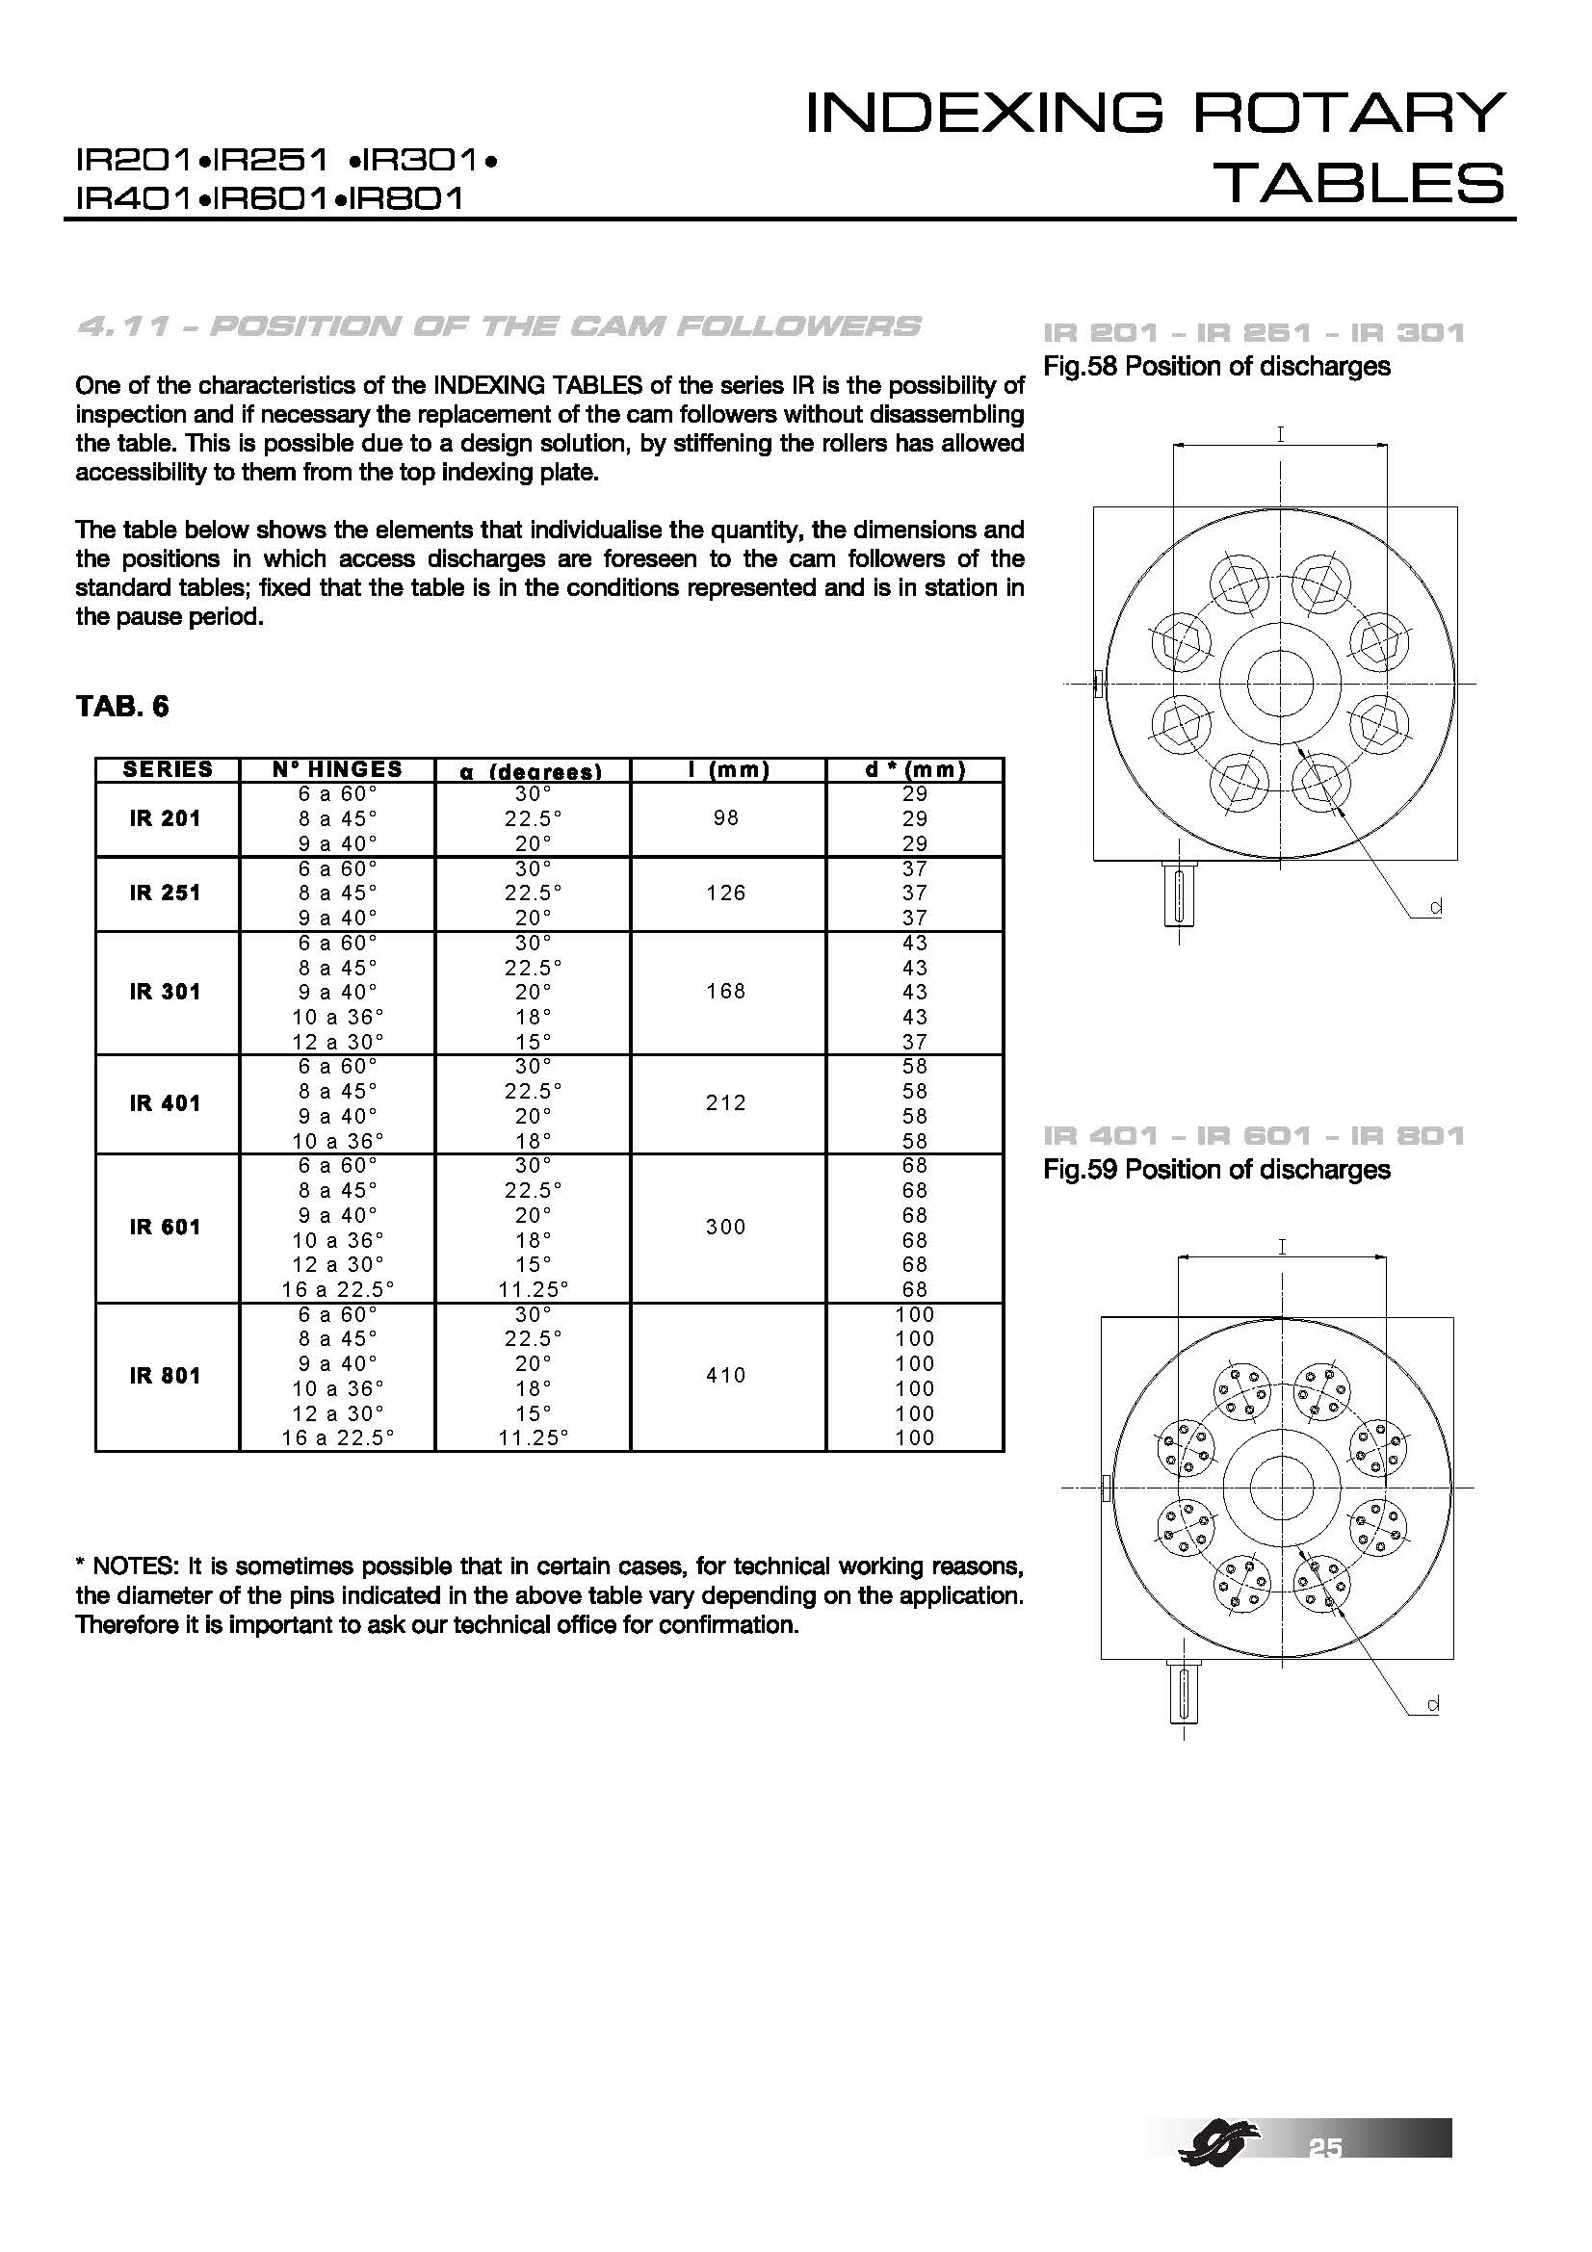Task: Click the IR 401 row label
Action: (165, 1103)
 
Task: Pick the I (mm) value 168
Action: (726, 992)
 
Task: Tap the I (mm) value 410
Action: (726, 1375)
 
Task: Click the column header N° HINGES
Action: (336, 769)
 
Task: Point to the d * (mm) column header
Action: (914, 770)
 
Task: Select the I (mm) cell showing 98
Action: (726, 818)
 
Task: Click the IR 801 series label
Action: (165, 1375)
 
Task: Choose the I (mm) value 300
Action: (726, 1227)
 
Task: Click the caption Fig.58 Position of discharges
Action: (1216, 367)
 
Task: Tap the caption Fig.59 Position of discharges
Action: (1216, 1170)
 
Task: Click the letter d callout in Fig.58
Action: (1435, 908)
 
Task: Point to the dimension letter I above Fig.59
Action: (1281, 1247)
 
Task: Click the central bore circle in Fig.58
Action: (1280, 683)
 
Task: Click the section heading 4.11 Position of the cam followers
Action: (498, 326)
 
